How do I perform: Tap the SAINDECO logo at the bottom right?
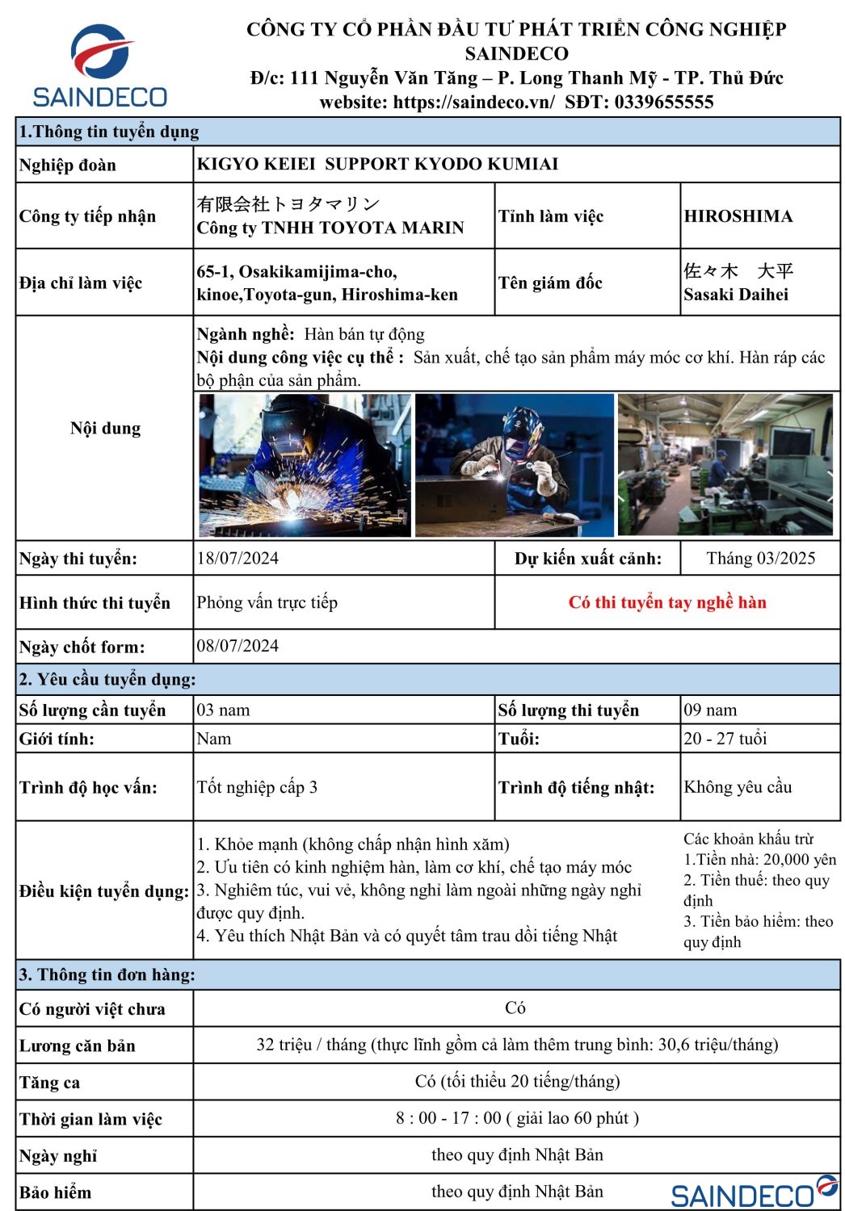tap(755, 1192)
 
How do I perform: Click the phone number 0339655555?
tap(663, 103)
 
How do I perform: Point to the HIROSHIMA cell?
tap(738, 216)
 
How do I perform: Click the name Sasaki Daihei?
tap(736, 295)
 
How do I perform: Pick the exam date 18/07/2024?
tap(238, 558)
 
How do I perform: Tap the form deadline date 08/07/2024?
tap(238, 646)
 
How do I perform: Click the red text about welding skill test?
tap(667, 602)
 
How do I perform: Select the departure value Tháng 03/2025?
tap(760, 558)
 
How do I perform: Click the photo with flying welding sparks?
tap(305, 465)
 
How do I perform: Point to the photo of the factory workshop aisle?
tap(725, 465)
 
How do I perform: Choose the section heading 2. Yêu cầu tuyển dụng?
tap(107, 680)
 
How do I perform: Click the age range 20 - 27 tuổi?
tap(725, 739)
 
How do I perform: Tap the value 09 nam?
tap(710, 710)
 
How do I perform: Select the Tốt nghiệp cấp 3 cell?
tap(257, 787)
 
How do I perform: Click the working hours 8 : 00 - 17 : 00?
tap(517, 1118)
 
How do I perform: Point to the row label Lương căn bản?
tap(78, 1046)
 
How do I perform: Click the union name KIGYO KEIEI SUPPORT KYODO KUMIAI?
tap(378, 165)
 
